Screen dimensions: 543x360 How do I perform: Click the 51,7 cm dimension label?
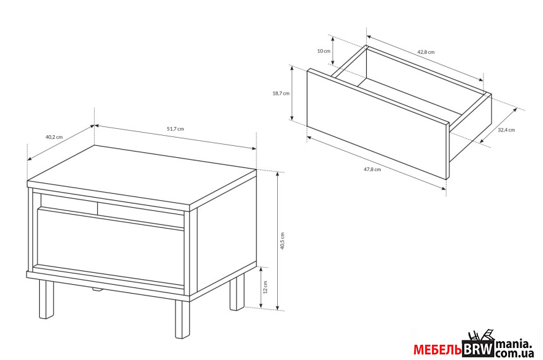(x=176, y=129)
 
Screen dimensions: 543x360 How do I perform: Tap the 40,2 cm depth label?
(x=54, y=137)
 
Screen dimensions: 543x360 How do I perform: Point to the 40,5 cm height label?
(x=282, y=241)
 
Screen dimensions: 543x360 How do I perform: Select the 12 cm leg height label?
(x=266, y=287)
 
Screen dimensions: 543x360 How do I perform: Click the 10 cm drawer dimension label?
(x=324, y=51)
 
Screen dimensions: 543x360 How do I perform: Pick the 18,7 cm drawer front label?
(x=281, y=93)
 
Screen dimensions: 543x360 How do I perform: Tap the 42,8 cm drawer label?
(x=426, y=52)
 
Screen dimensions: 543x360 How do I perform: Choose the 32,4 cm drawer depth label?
(x=506, y=130)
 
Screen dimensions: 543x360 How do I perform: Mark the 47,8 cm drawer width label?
(x=373, y=169)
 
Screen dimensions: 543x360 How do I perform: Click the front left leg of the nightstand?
(x=46, y=299)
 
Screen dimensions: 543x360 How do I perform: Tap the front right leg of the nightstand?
(x=182, y=319)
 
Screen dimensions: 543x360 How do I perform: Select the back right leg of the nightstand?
(x=237, y=291)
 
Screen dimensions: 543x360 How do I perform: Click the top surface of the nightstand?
(x=142, y=177)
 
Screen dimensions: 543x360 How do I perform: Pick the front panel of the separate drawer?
(x=378, y=124)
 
